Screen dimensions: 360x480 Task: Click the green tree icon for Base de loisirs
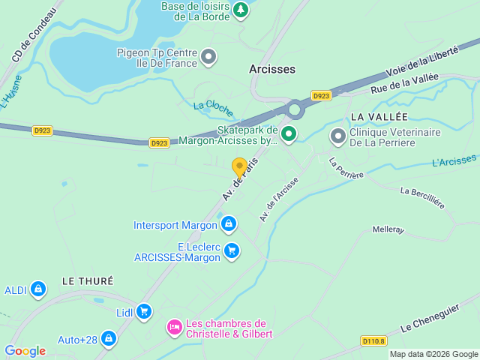coord(240,10)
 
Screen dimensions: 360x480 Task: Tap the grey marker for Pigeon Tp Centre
coord(209,56)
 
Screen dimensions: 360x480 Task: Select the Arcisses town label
coord(272,69)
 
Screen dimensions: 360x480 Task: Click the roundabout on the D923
coord(294,110)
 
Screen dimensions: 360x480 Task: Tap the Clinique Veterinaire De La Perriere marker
coord(338,136)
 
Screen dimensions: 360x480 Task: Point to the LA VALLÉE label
coord(379,117)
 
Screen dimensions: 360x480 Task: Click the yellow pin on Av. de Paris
coord(239,167)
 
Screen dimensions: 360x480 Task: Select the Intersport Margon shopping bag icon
coord(229,223)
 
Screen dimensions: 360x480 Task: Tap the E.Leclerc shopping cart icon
coord(232,250)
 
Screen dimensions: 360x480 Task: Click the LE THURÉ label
coord(87,280)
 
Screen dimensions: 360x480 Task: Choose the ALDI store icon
coord(38,289)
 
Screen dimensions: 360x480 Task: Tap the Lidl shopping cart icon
coord(144,311)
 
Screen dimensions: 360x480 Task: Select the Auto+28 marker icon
coord(109,339)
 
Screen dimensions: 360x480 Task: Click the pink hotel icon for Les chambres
coord(174,327)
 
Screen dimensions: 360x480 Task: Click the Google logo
coord(25,351)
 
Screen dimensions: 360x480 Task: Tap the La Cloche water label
coord(214,106)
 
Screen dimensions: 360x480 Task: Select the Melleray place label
coord(388,229)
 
